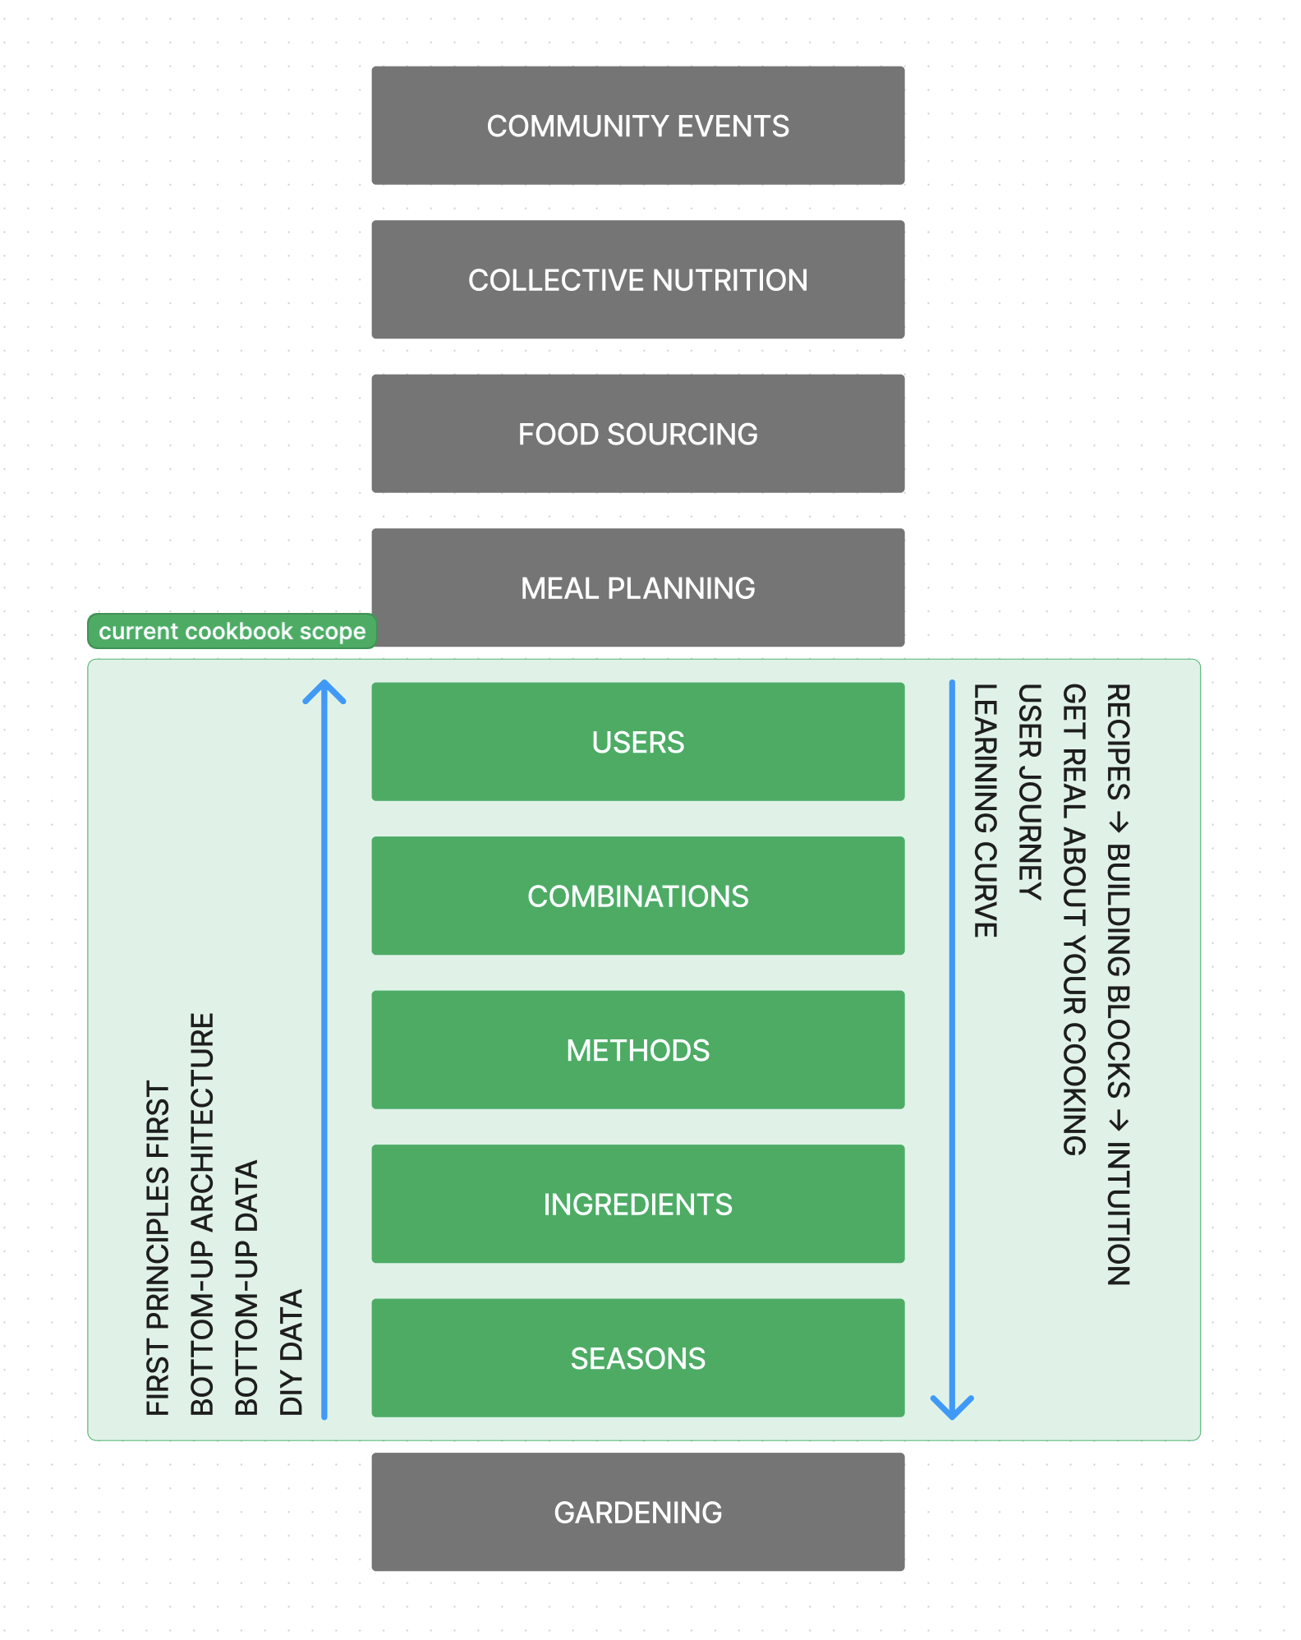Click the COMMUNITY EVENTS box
tap(637, 126)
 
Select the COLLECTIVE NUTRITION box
tap(637, 279)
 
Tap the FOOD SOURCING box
tap(637, 434)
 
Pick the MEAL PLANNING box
tap(637, 587)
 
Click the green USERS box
tap(637, 742)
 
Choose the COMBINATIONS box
tap(637, 896)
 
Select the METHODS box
tap(637, 1050)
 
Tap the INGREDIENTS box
tap(637, 1204)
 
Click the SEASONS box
tap(637, 1358)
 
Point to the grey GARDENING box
tap(637, 1512)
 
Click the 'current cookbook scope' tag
tap(232, 631)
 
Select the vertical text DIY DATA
tap(292, 1352)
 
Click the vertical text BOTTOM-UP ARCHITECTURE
tap(202, 1214)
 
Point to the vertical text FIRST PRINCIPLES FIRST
tap(158, 1247)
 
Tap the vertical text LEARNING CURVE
tap(986, 810)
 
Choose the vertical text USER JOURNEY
tap(1030, 792)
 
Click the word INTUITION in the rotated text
tap(1119, 1214)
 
